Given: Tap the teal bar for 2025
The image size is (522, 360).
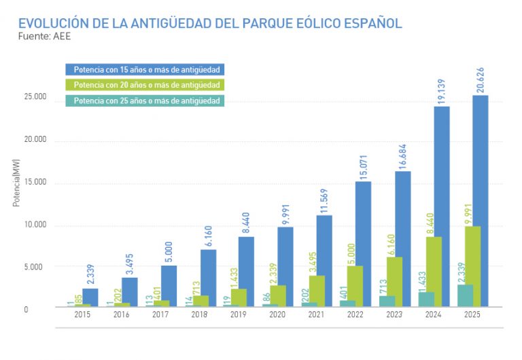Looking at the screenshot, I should point(465,295).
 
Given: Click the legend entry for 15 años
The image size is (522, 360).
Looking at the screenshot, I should point(145,69).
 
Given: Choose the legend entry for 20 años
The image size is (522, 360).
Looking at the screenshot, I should point(145,86).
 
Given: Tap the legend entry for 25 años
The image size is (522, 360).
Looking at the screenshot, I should point(145,101).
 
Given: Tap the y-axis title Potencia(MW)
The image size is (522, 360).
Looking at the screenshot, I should point(16,183).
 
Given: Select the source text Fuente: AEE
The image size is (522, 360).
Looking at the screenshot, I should point(44,37).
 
